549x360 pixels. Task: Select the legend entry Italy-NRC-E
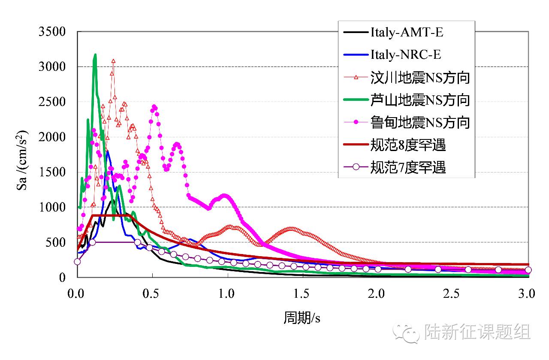[405, 55]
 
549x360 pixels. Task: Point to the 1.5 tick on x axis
[302, 294]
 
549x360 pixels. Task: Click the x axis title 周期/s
[302, 318]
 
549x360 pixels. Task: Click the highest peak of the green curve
[95, 55]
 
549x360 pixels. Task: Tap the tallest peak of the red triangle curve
[113, 61]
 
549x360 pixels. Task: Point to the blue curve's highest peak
[107, 151]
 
